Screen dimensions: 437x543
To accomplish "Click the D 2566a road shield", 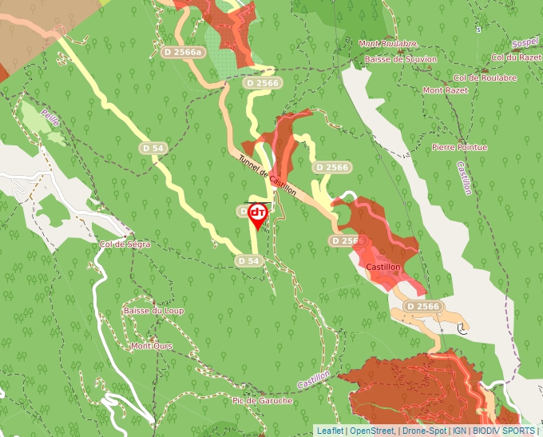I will pos(183,52).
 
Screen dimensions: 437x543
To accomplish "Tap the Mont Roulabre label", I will pos(388,44).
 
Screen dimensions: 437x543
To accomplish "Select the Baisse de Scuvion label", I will pos(400,59).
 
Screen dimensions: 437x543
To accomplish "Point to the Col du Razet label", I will pos(516,58).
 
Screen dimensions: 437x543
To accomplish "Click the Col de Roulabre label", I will pos(485,77).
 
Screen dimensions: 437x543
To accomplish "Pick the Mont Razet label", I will pos(445,90).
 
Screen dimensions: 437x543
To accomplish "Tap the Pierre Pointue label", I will pos(458,147).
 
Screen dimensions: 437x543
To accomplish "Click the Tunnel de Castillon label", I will pos(267,174).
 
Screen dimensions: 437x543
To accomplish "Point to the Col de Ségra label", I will pos(125,244).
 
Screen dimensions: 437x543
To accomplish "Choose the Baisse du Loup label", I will pos(153,310).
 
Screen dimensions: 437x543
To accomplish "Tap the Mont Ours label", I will pos(151,346).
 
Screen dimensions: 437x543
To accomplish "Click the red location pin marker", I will pos(257,213).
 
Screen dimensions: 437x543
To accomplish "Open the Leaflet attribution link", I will pos(330,430).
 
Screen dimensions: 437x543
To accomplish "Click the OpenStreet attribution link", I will pos(372,430).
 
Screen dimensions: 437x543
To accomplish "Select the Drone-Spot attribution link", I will pos(424,430).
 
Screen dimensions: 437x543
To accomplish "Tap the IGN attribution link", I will pos(460,430).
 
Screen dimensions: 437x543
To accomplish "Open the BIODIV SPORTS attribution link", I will pos(503,430).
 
